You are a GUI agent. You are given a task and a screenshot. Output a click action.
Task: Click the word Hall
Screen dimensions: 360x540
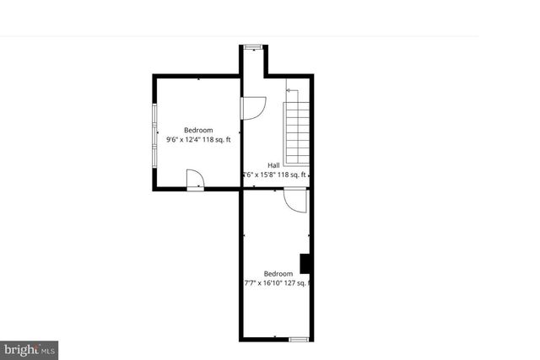point(273,165)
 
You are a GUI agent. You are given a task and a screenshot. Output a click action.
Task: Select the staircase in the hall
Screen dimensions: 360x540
point(297,133)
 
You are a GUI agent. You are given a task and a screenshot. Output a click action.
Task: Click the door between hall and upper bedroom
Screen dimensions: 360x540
point(252,108)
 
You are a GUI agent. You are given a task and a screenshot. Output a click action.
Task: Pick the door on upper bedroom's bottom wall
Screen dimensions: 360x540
point(195,180)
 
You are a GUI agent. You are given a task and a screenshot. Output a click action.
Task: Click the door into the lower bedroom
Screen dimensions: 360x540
point(294,200)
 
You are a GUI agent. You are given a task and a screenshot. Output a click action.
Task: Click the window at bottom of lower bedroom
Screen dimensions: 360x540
point(299,339)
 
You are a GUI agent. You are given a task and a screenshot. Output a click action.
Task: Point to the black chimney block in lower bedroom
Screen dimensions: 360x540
point(306,264)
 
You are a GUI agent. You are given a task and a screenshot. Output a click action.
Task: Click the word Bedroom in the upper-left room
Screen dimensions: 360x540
point(198,130)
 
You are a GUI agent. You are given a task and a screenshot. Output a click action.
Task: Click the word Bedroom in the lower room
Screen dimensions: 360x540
point(278,273)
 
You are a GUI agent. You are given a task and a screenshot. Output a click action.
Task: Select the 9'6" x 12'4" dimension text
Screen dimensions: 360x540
point(186,140)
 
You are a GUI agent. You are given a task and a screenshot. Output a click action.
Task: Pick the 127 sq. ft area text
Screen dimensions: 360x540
point(300,283)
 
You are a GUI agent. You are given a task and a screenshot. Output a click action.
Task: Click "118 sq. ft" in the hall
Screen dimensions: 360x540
point(292,175)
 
